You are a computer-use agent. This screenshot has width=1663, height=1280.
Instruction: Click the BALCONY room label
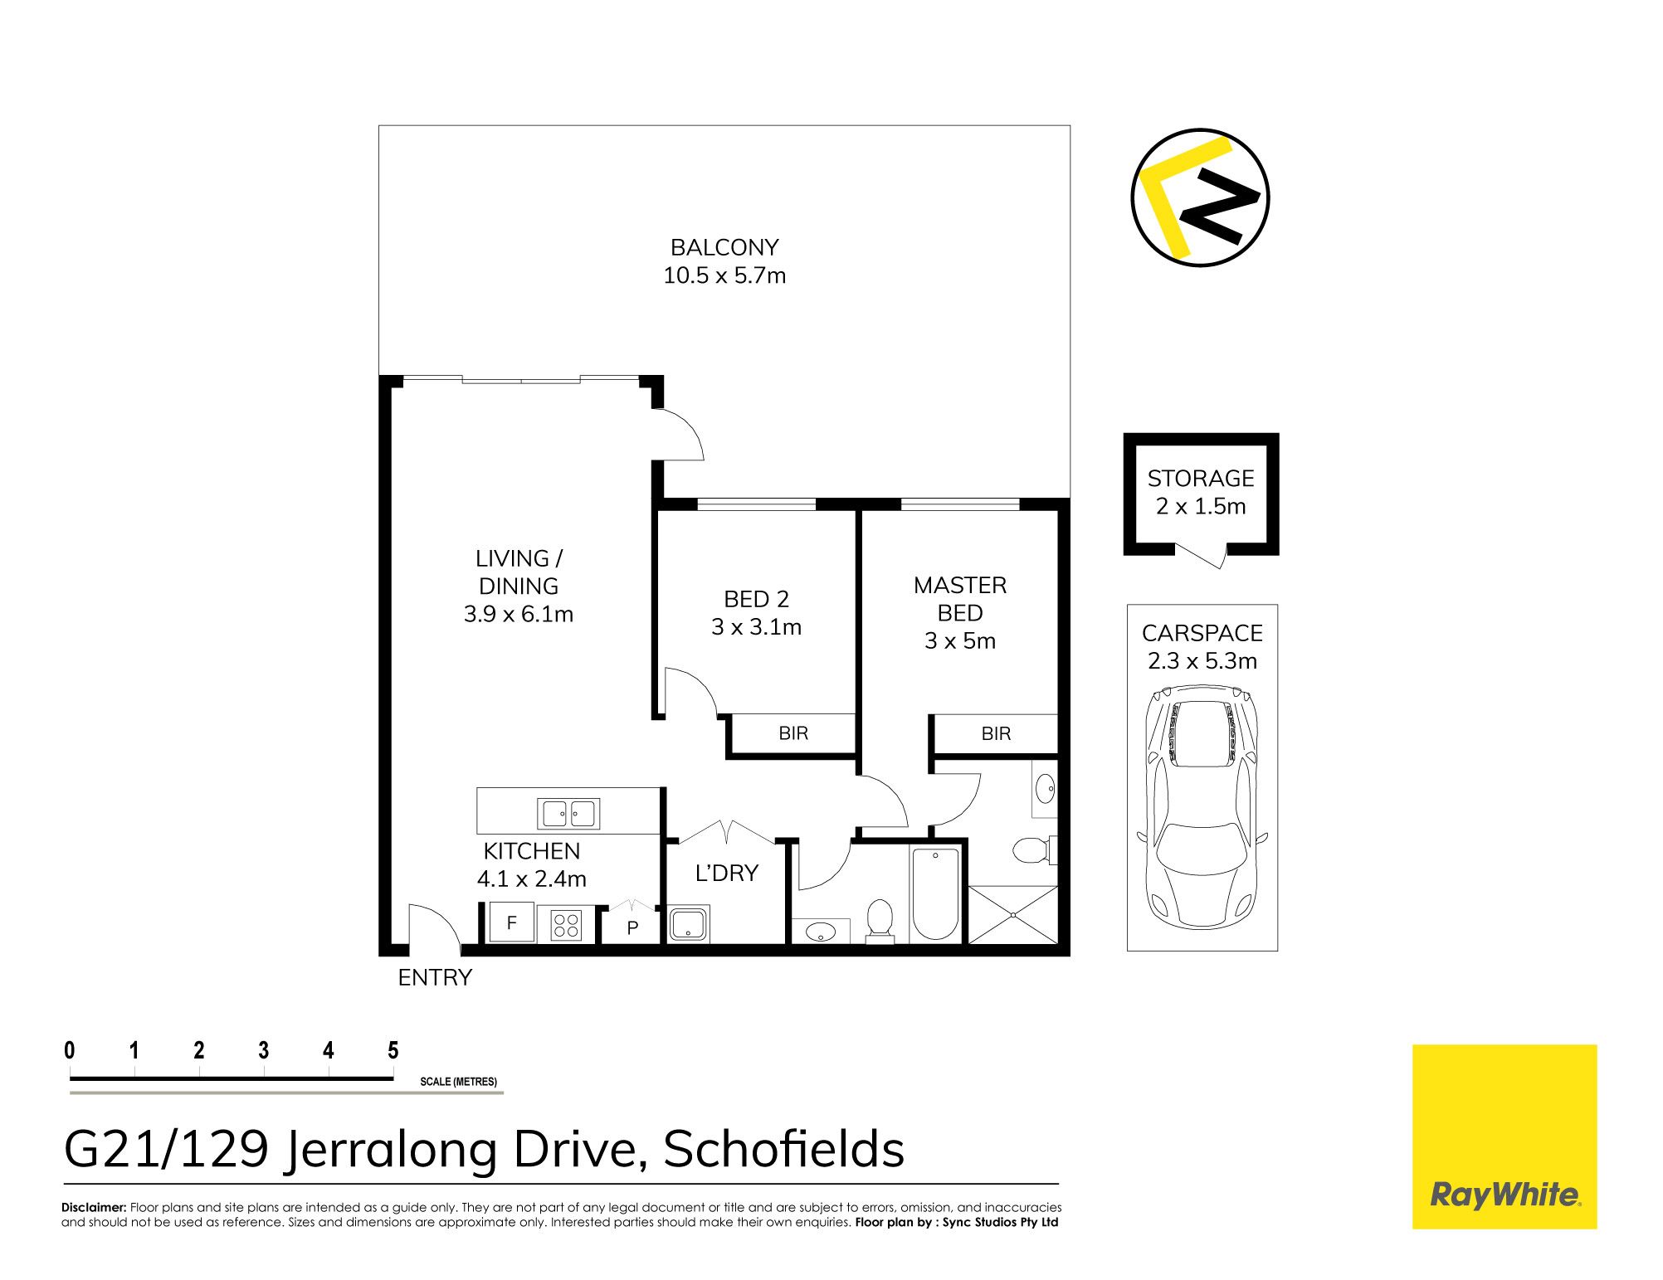coord(724,247)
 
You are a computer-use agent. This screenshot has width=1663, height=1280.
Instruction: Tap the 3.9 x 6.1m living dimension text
coord(519,614)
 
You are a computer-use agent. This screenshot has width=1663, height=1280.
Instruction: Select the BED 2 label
coord(756,599)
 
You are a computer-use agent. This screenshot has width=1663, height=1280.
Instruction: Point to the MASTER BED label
coord(960,599)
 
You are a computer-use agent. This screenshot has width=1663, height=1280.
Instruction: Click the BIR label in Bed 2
coord(793,733)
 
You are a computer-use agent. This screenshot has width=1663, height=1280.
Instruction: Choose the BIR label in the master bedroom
coord(996,733)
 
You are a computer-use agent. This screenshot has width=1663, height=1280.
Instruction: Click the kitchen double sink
coord(568,814)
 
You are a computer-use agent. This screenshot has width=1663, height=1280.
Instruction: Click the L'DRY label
coord(727,873)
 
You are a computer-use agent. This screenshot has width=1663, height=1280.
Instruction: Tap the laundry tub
coord(689,924)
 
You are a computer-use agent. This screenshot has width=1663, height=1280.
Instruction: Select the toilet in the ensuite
coord(1034,849)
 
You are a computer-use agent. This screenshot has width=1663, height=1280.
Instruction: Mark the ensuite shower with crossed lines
coord(1013,914)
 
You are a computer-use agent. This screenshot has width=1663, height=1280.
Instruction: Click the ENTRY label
coord(435,978)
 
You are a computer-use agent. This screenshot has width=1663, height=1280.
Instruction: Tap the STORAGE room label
coord(1201,479)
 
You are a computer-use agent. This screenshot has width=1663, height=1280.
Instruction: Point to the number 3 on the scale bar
coord(264,1050)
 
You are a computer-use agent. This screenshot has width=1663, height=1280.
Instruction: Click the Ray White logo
coord(1505,1136)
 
